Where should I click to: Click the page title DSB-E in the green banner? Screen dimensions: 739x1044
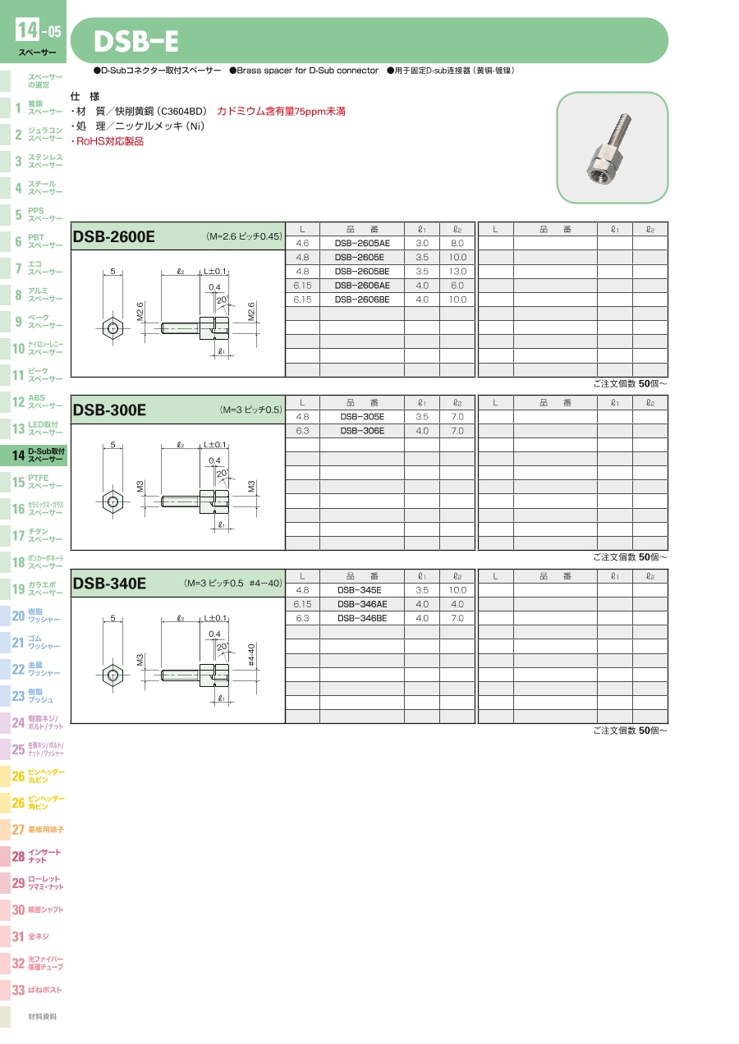pyautogui.click(x=136, y=41)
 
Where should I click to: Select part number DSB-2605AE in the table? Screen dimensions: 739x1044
pyautogui.click(x=362, y=243)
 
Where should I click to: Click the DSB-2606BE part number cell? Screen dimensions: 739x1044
pyautogui.click(x=362, y=300)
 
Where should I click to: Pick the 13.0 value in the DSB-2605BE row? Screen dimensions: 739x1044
pyautogui.click(x=457, y=272)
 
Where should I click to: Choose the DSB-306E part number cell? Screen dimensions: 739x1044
pyautogui.click(x=362, y=431)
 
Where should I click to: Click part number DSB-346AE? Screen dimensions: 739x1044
pyautogui.click(x=362, y=605)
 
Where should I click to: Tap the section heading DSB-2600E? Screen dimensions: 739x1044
pyautogui.click(x=114, y=236)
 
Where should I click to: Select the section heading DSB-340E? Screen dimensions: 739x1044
pyautogui.click(x=109, y=584)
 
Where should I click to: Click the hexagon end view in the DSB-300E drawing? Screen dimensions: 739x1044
pyautogui.click(x=112, y=501)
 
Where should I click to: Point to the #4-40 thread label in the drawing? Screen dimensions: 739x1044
pyautogui.click(x=251, y=655)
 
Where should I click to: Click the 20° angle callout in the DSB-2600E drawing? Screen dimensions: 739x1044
pyautogui.click(x=222, y=300)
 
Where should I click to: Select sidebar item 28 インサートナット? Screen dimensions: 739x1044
pyautogui.click(x=36, y=856)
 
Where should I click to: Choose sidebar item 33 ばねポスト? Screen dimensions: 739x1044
pyautogui.click(x=36, y=990)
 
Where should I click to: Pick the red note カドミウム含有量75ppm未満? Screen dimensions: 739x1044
pyautogui.click(x=281, y=112)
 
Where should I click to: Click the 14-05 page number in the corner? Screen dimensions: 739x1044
pyautogui.click(x=39, y=30)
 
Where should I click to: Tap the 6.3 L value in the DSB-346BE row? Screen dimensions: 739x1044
pyautogui.click(x=302, y=619)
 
